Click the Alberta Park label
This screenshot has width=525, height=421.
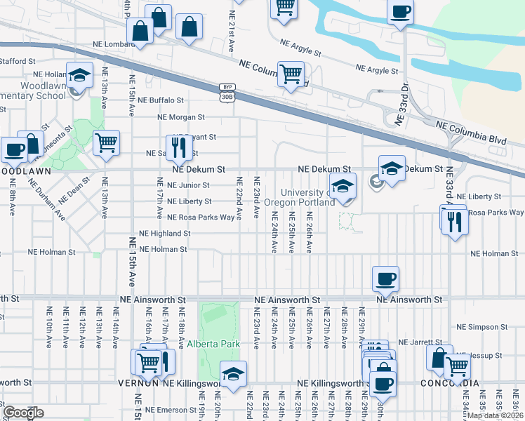point(213,344)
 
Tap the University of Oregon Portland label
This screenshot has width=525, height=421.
point(307,198)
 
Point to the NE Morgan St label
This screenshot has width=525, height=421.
point(181,117)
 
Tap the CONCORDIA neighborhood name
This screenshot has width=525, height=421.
point(450,383)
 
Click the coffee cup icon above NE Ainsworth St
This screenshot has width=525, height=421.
point(385,279)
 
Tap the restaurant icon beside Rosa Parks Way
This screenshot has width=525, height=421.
point(456,221)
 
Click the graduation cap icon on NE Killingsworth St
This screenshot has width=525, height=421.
point(233,373)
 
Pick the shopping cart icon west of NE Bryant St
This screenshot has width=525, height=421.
point(106,143)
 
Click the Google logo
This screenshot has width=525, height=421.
point(24,413)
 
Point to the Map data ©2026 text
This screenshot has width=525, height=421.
point(495,415)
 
